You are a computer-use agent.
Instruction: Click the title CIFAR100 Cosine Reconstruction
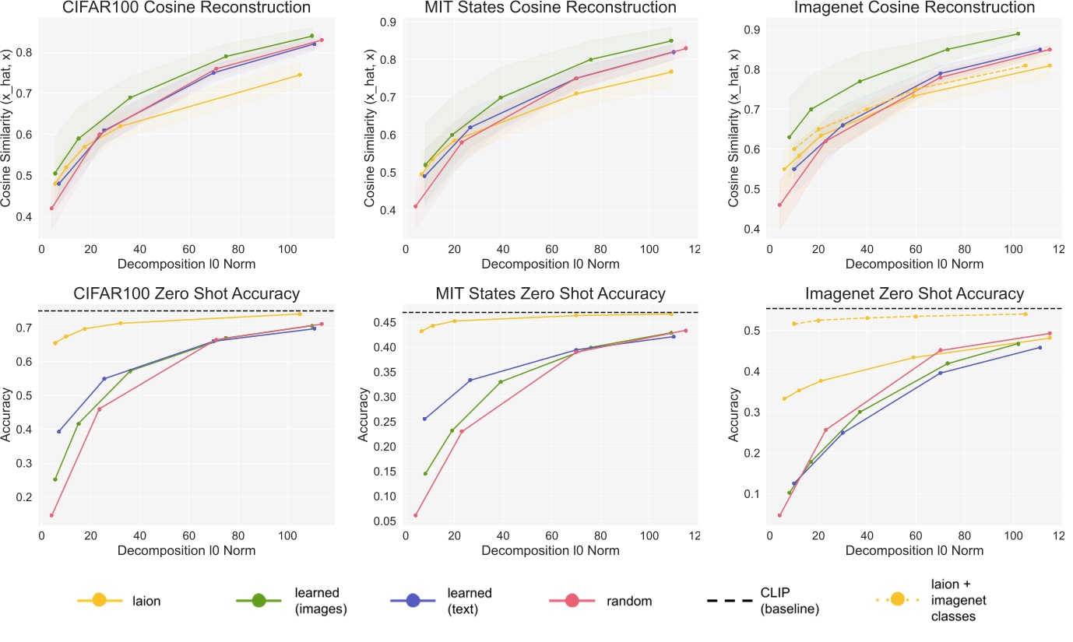tap(188, 8)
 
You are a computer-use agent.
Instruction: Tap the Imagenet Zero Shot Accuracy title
tap(915, 293)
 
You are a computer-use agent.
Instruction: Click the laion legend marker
tap(99, 600)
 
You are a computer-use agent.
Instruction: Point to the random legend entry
tap(608, 600)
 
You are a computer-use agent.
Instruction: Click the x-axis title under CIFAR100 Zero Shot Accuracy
tap(188, 549)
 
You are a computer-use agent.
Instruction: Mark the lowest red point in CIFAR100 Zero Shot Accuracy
tap(51, 515)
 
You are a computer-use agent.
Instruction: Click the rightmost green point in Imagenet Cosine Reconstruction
tap(1018, 33)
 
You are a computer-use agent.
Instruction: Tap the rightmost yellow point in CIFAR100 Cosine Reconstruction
tap(300, 75)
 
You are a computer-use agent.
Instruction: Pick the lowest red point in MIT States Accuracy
tap(416, 515)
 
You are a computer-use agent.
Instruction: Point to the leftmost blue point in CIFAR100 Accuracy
tap(58, 431)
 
